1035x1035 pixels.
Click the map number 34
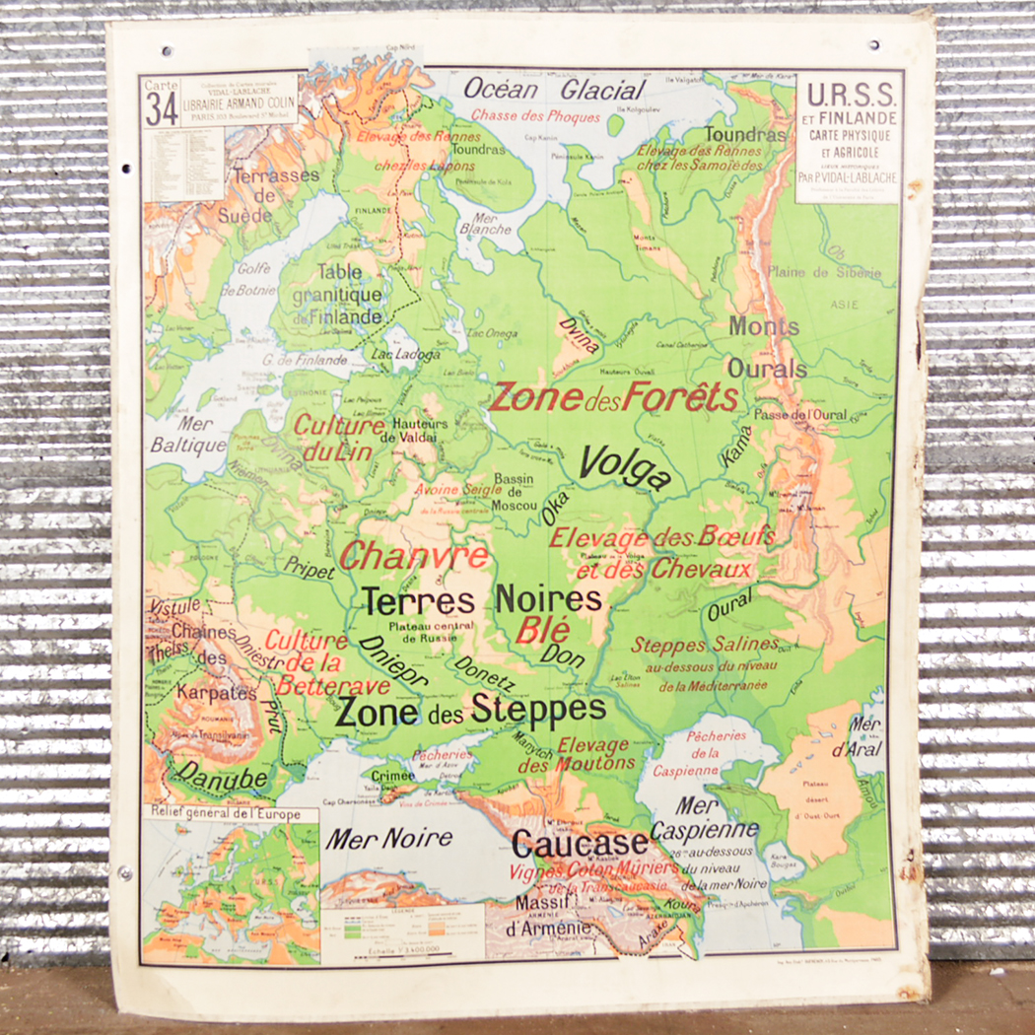coord(162,108)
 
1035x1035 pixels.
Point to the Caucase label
coord(580,844)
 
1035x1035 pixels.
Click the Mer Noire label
coord(389,839)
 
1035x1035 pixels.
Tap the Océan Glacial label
coord(554,90)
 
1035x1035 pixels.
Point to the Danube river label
coord(222,779)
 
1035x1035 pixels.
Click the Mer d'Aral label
coord(865,736)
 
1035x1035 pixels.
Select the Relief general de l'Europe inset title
coord(231,814)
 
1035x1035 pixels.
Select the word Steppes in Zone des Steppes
coord(538,708)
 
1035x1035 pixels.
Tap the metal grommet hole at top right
coord(873,44)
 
